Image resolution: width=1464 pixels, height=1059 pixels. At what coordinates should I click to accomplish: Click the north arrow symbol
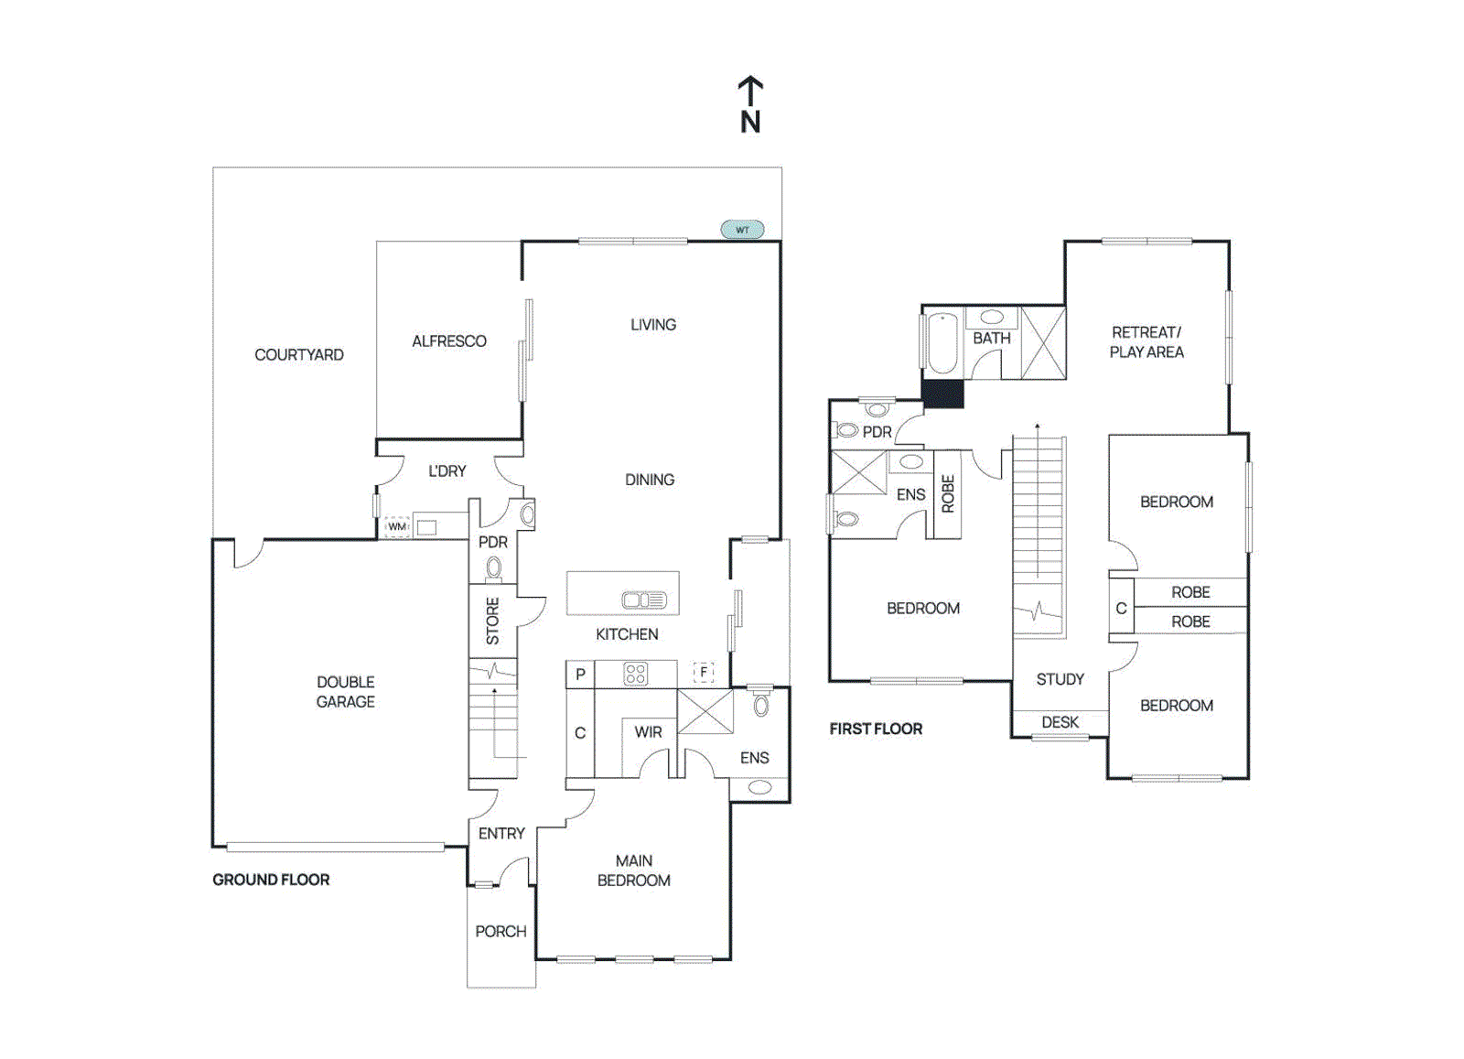[x=750, y=103]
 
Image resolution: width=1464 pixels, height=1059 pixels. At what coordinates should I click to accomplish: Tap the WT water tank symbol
[x=742, y=230]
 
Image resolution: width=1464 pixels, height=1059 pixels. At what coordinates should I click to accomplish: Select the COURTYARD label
[x=299, y=355]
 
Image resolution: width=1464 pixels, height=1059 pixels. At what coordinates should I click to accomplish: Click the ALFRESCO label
[x=449, y=341]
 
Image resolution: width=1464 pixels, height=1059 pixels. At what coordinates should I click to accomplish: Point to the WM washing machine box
[x=396, y=527]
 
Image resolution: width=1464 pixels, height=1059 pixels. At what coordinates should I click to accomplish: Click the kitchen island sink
[x=644, y=600]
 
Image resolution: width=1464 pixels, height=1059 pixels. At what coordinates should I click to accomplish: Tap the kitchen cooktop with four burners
[x=635, y=675]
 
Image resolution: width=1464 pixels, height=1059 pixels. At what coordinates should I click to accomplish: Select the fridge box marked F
[x=703, y=673]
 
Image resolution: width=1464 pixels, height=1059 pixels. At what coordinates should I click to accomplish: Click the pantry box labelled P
[x=580, y=675]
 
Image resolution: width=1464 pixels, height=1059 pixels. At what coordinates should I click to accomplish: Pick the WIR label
[x=648, y=732]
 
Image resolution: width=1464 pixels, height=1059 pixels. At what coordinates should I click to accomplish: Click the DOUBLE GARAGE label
[x=346, y=692]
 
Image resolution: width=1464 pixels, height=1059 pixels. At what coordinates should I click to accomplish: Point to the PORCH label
[x=501, y=932]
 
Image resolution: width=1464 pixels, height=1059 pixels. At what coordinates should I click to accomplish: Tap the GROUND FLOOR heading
[x=271, y=880]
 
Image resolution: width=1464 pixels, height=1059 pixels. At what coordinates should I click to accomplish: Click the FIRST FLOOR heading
[x=876, y=729]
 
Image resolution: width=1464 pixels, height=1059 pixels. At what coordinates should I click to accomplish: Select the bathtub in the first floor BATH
[x=942, y=343]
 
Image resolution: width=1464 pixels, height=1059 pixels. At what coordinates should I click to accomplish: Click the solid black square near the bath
[x=942, y=394]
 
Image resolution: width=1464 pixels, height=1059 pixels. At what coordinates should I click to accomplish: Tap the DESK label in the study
[x=1060, y=723]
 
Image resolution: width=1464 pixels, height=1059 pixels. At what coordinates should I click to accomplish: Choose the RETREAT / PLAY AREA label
[x=1146, y=342]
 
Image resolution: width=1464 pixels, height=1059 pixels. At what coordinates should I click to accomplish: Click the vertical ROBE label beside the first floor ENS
[x=948, y=494]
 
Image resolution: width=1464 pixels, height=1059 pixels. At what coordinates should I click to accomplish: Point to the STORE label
[x=493, y=621]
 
